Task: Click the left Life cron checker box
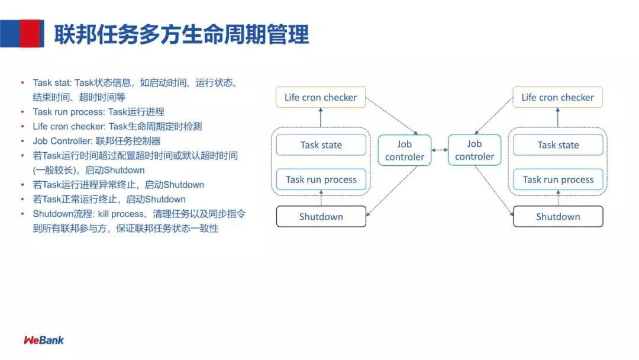321,98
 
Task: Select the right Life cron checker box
557,98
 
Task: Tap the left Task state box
321,145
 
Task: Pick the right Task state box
558,145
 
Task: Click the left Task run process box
321,179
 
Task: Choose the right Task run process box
558,179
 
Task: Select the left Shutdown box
321,217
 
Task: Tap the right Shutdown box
558,217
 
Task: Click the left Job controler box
405,150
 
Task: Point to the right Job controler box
475,150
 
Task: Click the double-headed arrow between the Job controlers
440,150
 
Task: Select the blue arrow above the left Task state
321,118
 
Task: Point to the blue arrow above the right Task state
558,118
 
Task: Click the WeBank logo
44,340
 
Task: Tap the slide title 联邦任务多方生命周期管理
182,35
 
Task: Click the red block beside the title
31,33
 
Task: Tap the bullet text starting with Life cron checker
118,126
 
